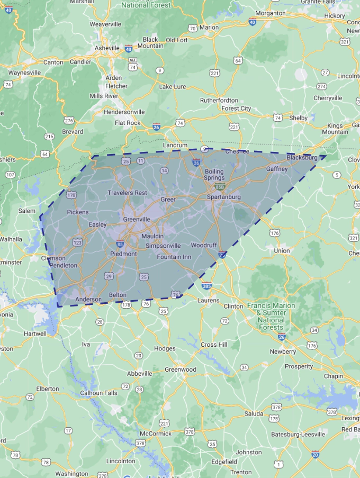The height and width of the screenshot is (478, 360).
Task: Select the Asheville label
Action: (x=106, y=48)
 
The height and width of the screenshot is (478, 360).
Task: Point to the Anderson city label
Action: (x=88, y=299)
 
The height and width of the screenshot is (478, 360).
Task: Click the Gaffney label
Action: (x=277, y=169)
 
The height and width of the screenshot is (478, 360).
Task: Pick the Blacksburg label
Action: (x=302, y=158)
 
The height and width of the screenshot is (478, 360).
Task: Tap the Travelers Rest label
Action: (x=127, y=193)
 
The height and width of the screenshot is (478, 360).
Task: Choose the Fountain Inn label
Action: (x=174, y=257)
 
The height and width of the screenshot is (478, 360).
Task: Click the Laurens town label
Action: (x=208, y=300)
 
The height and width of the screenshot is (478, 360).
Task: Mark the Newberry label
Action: (x=283, y=351)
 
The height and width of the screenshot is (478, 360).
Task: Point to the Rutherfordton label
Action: (x=219, y=100)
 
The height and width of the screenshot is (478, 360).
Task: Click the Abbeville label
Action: (x=139, y=373)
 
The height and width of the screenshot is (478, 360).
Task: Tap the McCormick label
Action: (x=156, y=434)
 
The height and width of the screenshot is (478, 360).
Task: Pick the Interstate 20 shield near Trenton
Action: (x=315, y=454)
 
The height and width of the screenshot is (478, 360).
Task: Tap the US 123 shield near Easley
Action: (x=78, y=242)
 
